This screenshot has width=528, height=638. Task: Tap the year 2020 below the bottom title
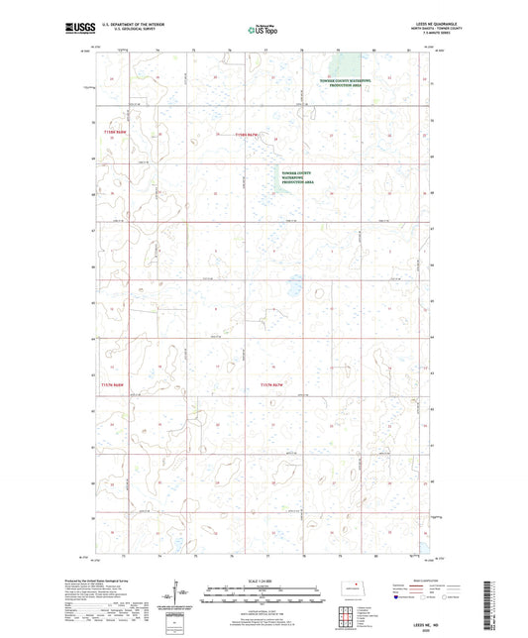pos(438,628)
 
